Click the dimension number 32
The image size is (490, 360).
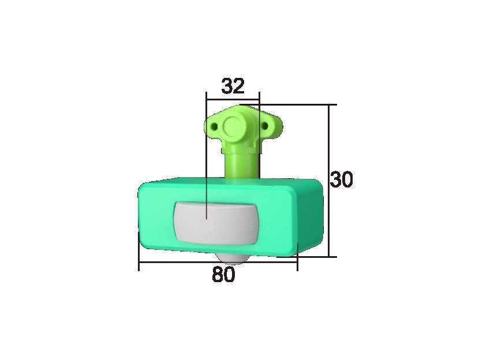233,86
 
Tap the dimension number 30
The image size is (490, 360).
341,180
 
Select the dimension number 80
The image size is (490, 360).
223,275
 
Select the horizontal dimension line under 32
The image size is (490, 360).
233,95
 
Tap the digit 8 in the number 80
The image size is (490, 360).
218,275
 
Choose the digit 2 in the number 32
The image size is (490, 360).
239,86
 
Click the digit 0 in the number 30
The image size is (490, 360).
346,180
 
